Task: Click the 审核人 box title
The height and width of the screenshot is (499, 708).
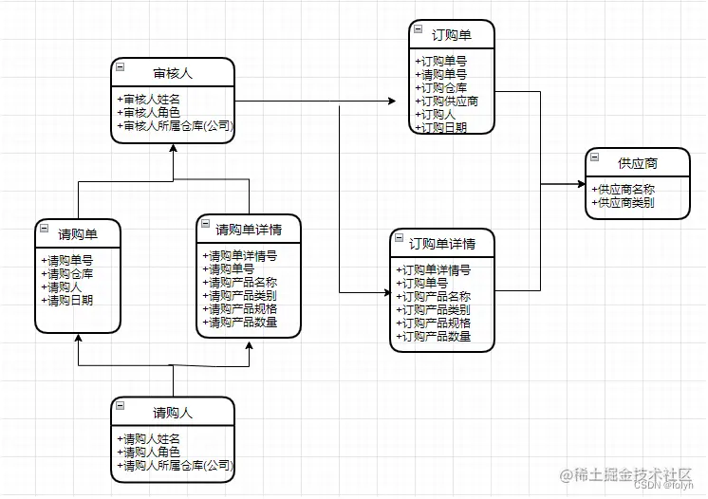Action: pyautogui.click(x=173, y=73)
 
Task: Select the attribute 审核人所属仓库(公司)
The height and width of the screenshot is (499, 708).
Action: pyautogui.click(x=176, y=125)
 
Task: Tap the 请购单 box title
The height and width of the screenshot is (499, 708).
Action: pyautogui.click(x=78, y=233)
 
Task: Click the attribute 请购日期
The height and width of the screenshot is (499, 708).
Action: pyautogui.click(x=71, y=300)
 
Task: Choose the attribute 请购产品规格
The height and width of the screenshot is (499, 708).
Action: pyautogui.click(x=243, y=308)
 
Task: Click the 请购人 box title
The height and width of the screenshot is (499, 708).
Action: pyautogui.click(x=173, y=413)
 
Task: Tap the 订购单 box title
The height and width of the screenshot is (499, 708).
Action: pyautogui.click(x=451, y=35)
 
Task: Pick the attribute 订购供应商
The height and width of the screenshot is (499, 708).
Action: pyautogui.click(x=449, y=102)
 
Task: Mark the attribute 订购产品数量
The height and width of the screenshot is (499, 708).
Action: pyautogui.click(x=436, y=336)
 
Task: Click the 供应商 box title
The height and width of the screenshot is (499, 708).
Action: pyautogui.click(x=637, y=163)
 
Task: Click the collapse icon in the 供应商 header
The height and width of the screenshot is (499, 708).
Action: pyautogui.click(x=594, y=156)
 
